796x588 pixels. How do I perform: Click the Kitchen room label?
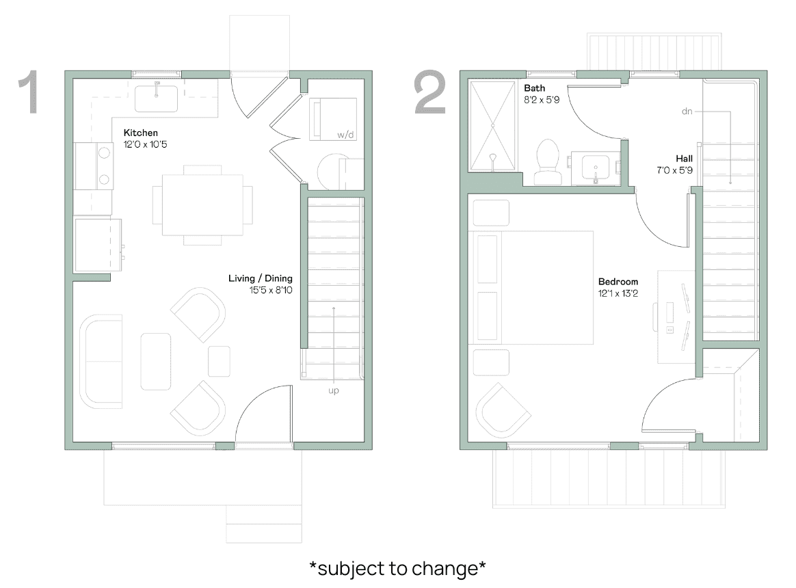(141, 133)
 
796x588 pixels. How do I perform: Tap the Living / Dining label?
(260, 278)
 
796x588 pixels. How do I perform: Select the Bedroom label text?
(618, 282)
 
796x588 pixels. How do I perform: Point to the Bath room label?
(534, 88)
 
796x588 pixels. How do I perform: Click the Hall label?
(684, 159)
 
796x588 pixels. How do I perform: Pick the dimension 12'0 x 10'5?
(145, 145)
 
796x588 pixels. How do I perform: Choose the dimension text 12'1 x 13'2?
(618, 293)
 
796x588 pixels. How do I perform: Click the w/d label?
(345, 135)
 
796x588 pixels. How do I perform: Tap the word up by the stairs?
(334, 390)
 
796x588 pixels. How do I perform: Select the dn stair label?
(687, 111)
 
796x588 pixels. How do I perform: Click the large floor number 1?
(30, 92)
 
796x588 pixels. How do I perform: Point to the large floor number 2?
(430, 92)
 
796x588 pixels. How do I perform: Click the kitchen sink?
(156, 98)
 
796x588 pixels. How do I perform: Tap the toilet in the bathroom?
(548, 163)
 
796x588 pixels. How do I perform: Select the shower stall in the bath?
(492, 126)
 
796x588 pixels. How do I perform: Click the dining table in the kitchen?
(202, 204)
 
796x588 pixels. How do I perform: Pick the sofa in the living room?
(101, 362)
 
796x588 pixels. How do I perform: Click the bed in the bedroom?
(531, 288)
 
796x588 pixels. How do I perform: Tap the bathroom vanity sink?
(594, 168)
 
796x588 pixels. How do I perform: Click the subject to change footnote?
(397, 568)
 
